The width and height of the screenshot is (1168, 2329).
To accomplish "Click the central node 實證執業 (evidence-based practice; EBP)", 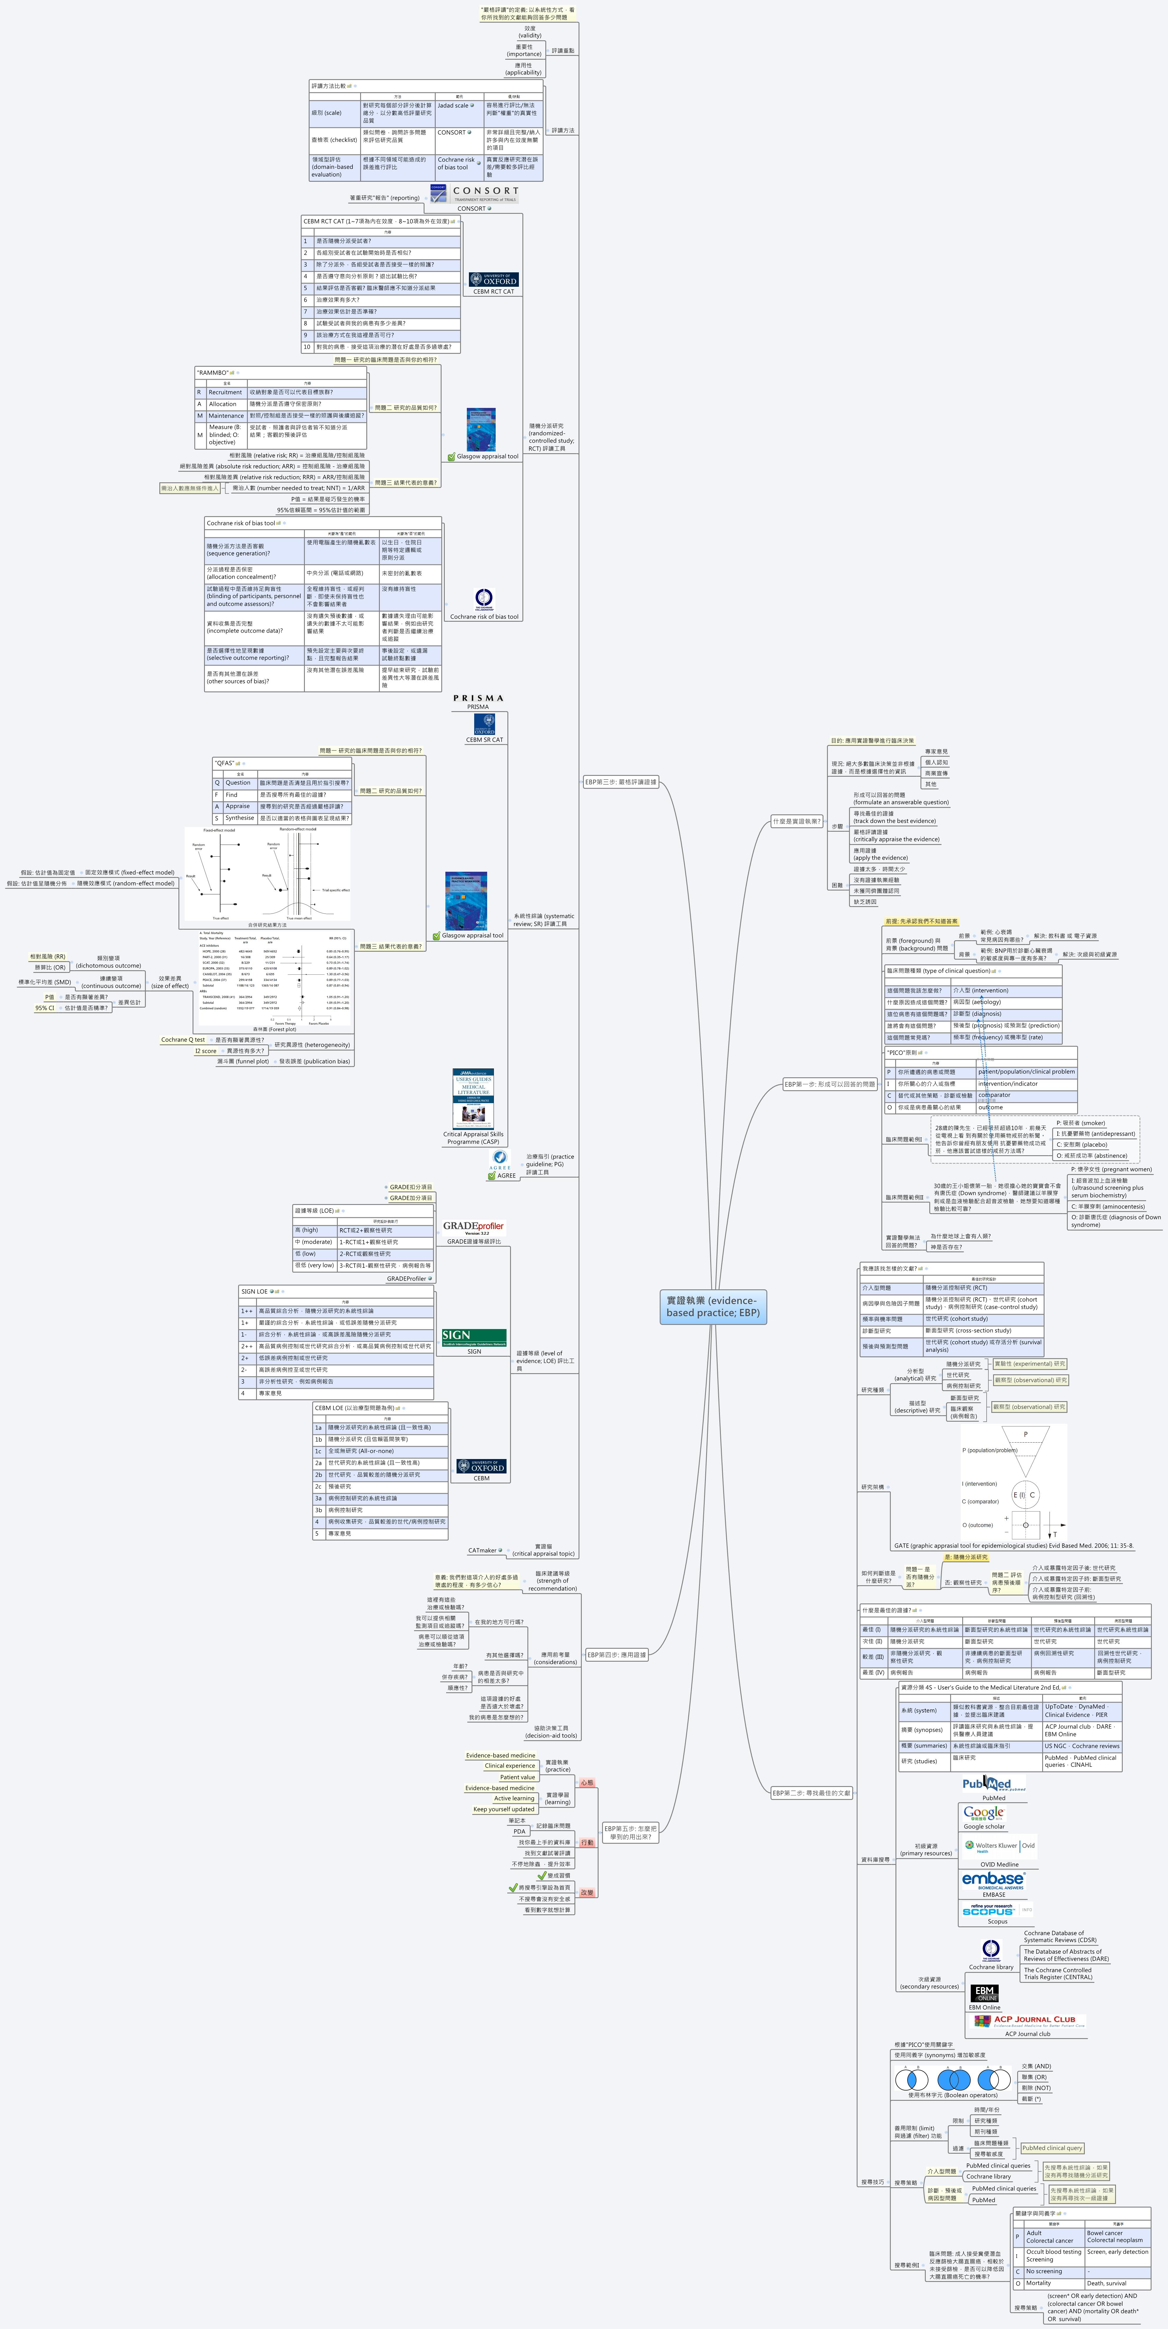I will [x=712, y=1306].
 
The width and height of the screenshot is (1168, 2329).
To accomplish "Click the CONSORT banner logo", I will [x=474, y=194].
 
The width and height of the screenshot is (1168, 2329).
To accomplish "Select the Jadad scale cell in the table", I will [x=457, y=106].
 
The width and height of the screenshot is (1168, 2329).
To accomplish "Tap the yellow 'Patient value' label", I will [x=517, y=1777].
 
